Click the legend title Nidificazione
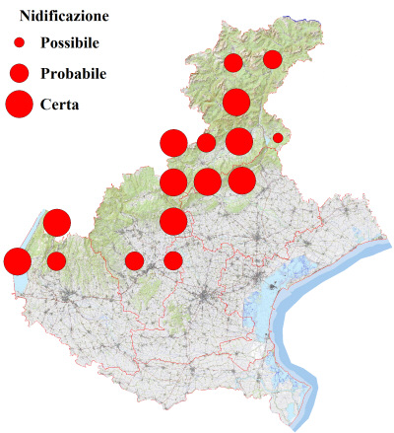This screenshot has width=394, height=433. tap(63, 16)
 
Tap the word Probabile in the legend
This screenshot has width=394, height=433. tap(74, 73)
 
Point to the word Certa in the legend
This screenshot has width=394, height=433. tap(60, 103)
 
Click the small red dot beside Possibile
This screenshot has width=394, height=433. tap(19, 43)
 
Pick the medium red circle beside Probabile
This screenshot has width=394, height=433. tap(19, 73)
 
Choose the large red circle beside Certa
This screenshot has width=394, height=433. tap(19, 103)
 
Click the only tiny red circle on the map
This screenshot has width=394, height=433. tap(278, 138)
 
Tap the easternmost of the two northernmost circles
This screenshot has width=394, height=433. tap(272, 60)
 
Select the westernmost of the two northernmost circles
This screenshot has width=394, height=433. tap(233, 63)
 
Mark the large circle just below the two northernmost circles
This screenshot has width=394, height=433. tap(235, 102)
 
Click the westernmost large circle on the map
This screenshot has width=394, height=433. tap(17, 261)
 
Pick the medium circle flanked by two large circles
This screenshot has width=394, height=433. tap(206, 143)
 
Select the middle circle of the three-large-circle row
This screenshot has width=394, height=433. tap(207, 181)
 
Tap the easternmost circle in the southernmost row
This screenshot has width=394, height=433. tap(173, 260)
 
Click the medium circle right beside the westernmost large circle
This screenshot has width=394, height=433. tap(56, 261)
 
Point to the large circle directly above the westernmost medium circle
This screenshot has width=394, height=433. tap(56, 222)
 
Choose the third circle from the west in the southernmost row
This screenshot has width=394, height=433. tap(134, 260)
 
